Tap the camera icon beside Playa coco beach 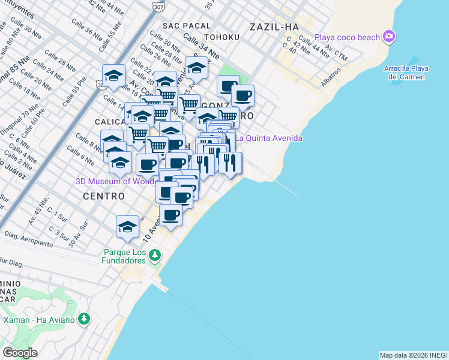pyautogui.click(x=390, y=37)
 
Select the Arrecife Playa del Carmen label pyautogui.click(x=406, y=73)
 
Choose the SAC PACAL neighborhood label pyautogui.click(x=187, y=26)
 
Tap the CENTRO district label pyautogui.click(x=103, y=196)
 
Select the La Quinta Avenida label pyautogui.click(x=268, y=139)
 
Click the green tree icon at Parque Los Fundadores pyautogui.click(x=155, y=256)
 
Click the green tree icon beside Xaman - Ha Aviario pyautogui.click(x=83, y=319)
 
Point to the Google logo pyautogui.click(x=20, y=352)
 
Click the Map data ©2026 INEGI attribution pyautogui.click(x=413, y=355)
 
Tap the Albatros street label pyautogui.click(x=331, y=76)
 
